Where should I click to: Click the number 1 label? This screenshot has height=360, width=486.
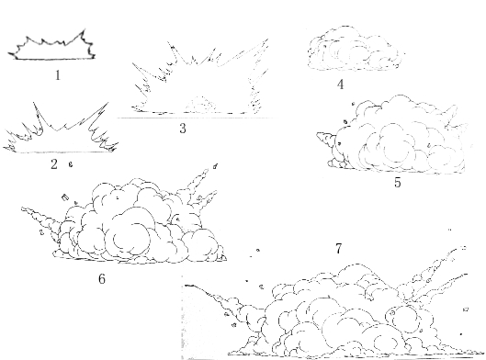point(58,75)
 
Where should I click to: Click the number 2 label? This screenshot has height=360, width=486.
point(54,164)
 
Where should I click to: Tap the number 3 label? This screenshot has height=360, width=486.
point(183,129)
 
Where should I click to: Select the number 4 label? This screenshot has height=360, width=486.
point(340,84)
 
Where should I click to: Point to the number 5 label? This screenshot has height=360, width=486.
point(398,182)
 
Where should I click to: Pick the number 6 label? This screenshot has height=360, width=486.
point(102,279)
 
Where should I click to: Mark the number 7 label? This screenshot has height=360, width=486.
point(338,249)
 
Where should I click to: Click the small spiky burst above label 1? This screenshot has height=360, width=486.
point(51,44)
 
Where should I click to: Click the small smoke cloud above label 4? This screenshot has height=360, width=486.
point(356,49)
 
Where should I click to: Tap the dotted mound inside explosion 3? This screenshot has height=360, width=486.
point(201,105)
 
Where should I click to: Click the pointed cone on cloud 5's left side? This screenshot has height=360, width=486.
point(326,139)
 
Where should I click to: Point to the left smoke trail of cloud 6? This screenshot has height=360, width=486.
point(40,216)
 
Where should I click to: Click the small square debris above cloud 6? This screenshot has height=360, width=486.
point(64,197)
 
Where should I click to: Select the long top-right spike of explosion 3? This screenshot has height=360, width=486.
point(243,52)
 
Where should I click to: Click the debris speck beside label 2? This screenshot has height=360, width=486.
point(71,164)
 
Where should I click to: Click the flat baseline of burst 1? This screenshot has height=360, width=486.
point(54,59)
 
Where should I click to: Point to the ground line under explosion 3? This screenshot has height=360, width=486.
point(198,118)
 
